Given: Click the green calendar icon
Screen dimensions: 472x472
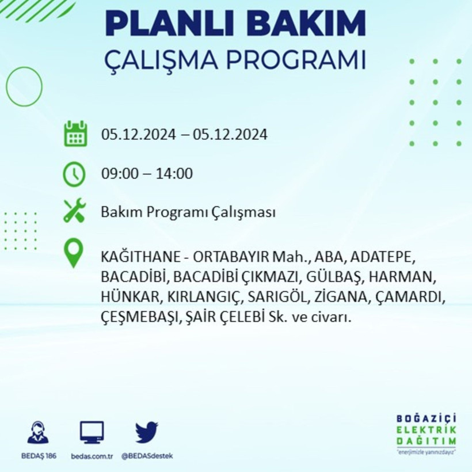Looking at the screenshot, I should click(75, 134).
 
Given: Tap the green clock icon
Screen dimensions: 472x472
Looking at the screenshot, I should click(74, 174).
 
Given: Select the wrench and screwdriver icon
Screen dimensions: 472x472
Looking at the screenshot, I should click(75, 211).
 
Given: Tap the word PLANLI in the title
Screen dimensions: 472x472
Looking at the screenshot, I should click(165, 24).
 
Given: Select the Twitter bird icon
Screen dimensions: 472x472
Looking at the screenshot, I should click(147, 432).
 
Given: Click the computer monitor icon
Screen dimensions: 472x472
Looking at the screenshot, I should click(92, 432).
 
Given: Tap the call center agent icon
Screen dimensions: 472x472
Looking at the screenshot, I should click(38, 432).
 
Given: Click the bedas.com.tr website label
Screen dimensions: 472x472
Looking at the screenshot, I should click(92, 456).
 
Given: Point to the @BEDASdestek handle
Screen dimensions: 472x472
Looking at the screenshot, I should click(147, 456).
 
